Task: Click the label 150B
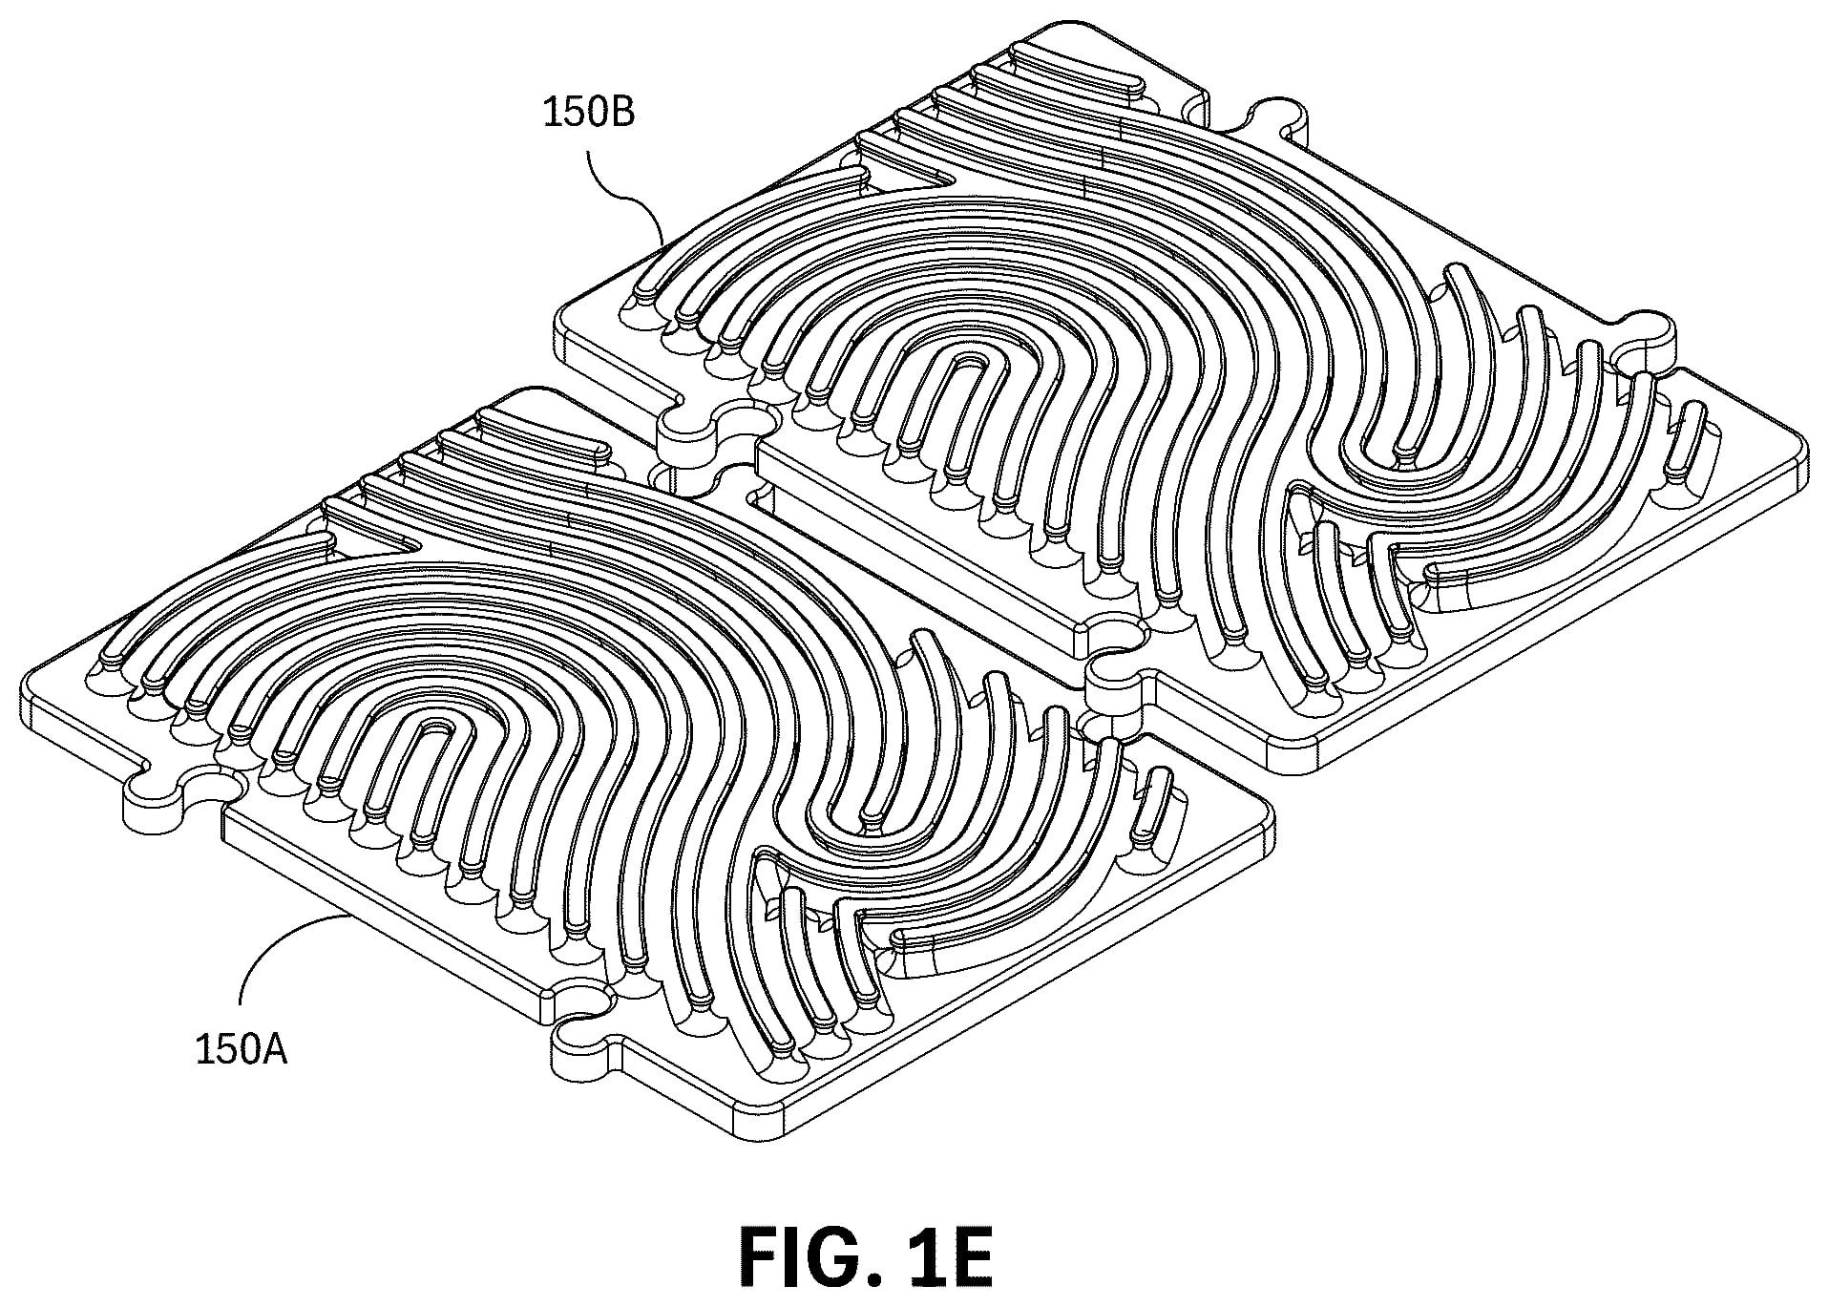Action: pyautogui.click(x=589, y=113)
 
